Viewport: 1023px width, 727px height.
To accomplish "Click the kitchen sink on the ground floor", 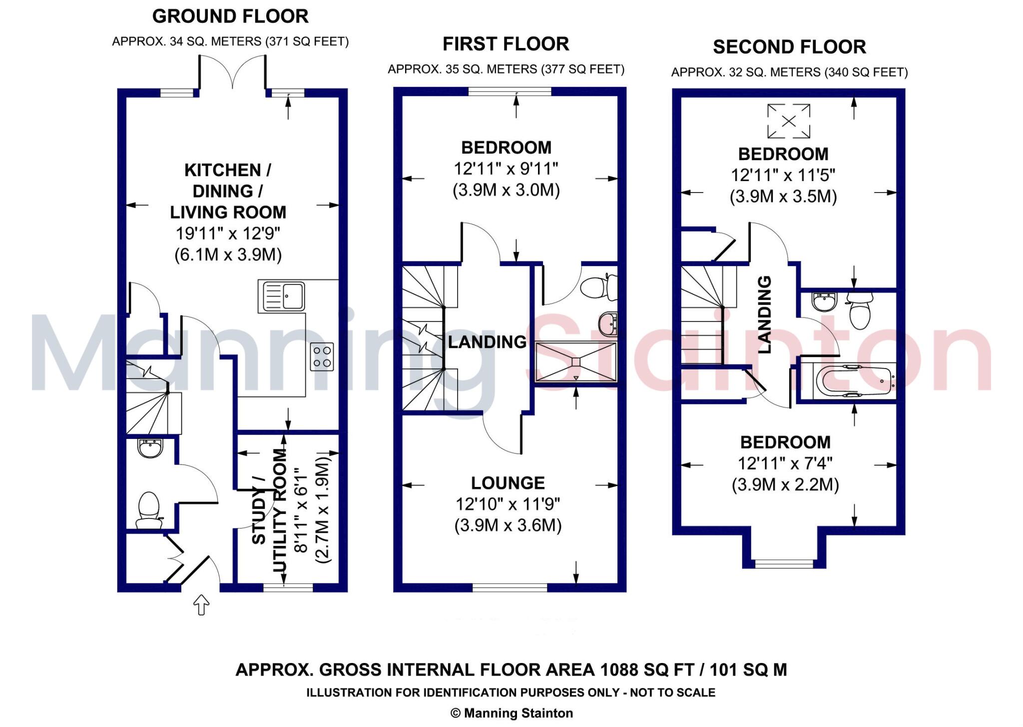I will tap(283, 296).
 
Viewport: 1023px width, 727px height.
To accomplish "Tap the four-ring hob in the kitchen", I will tap(322, 356).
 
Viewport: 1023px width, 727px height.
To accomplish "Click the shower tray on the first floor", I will tap(576, 362).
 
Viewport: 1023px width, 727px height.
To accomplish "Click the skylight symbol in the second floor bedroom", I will tap(788, 120).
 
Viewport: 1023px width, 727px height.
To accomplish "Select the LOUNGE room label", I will tap(508, 482).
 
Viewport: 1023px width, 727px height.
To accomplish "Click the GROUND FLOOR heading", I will tap(230, 16).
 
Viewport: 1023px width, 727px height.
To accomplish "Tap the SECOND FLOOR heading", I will tap(789, 47).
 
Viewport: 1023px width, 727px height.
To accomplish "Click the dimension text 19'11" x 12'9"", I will tap(228, 233).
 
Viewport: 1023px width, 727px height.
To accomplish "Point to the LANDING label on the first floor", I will tap(487, 342).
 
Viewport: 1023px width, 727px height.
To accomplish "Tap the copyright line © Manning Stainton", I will tap(511, 713).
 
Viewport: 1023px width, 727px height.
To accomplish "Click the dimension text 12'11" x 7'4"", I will tap(785, 463).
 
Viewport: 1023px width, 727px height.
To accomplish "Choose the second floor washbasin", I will tap(824, 301).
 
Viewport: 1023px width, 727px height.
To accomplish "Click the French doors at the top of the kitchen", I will tap(232, 72).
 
